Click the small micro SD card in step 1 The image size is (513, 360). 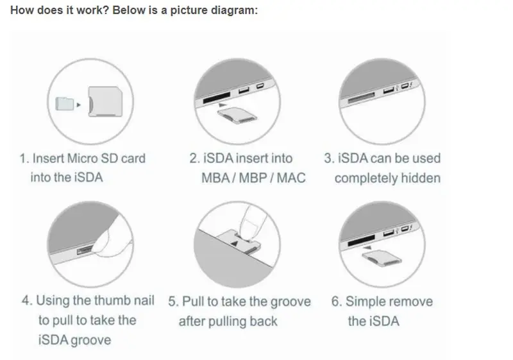coord(63,102)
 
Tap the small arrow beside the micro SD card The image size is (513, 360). coord(78,103)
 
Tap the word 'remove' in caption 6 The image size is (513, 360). coord(414,301)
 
